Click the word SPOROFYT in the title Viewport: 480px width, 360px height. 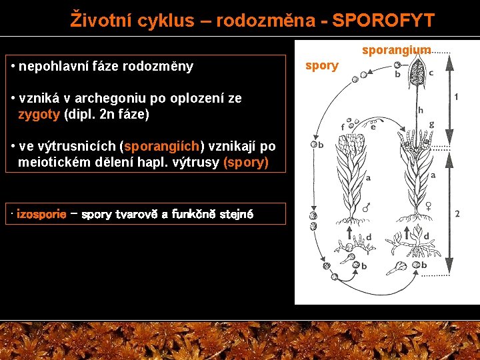(383, 20)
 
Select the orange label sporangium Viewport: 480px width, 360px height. (396, 50)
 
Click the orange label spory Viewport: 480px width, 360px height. (321, 65)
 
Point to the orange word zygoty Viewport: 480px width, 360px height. (39, 114)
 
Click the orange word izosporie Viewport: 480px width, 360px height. (41, 214)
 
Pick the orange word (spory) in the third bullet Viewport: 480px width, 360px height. (246, 162)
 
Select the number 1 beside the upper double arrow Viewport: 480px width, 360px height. (456, 97)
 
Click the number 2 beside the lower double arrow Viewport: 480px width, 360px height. (457, 213)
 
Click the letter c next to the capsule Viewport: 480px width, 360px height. (431, 72)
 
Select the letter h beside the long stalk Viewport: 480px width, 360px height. (420, 110)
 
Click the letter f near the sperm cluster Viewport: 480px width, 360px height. (343, 127)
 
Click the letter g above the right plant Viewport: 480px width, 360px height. (432, 124)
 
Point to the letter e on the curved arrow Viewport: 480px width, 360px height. (373, 127)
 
